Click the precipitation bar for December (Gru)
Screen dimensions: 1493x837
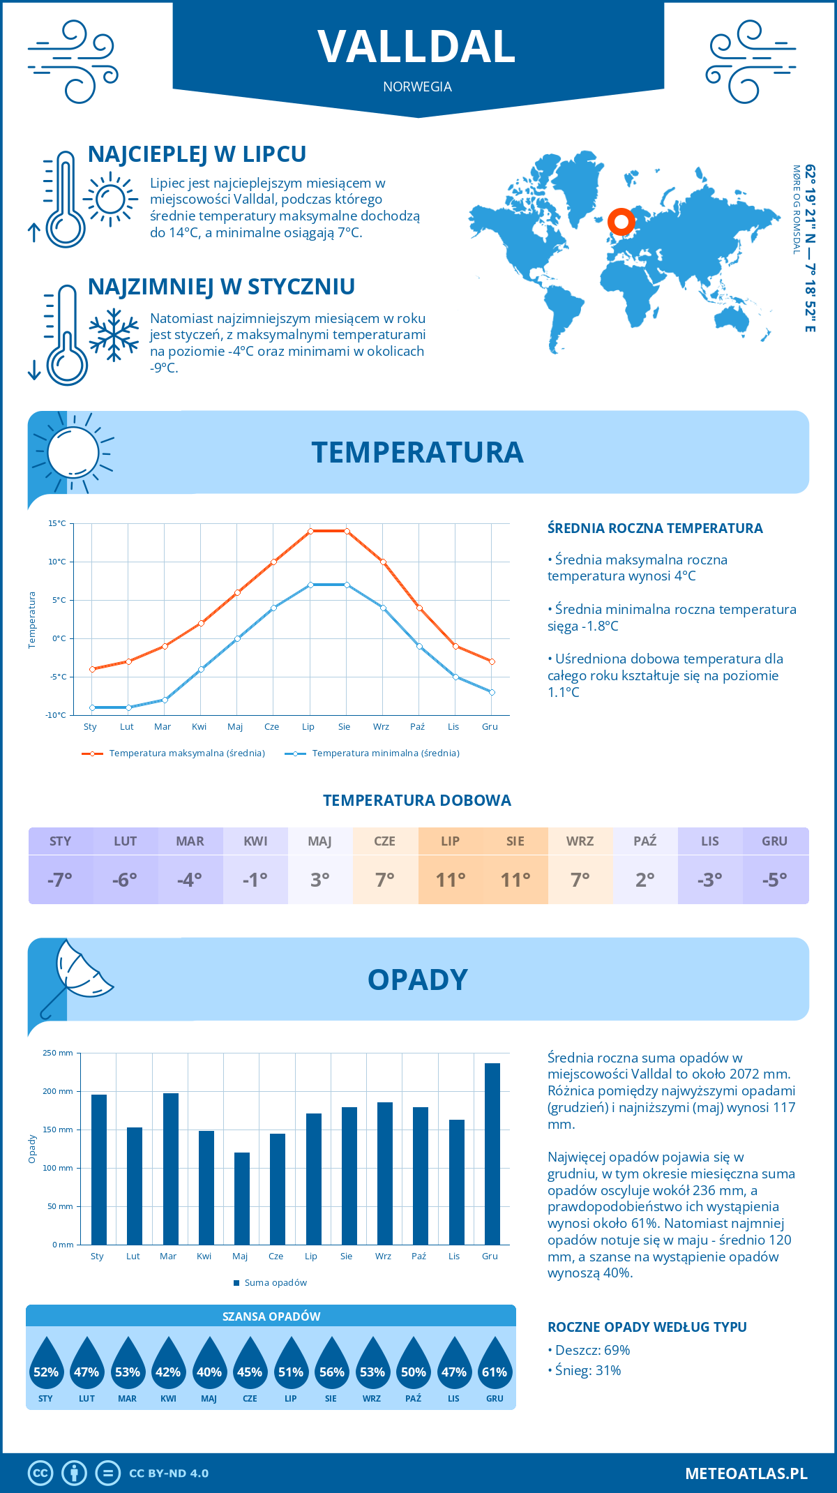pyautogui.click(x=492, y=1154)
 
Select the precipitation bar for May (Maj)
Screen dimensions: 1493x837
pyautogui.click(x=242, y=1199)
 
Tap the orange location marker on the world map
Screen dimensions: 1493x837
pyautogui.click(x=621, y=222)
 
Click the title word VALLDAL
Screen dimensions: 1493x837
pyautogui.click(x=417, y=47)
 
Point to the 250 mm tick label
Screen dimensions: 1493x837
pyautogui.click(x=58, y=1053)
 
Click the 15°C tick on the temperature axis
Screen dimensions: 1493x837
pyautogui.click(x=57, y=523)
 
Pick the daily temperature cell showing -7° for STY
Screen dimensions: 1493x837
pyautogui.click(x=60, y=879)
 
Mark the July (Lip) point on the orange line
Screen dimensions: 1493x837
pyautogui.click(x=310, y=531)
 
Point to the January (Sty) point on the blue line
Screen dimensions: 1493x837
pyautogui.click(x=92, y=707)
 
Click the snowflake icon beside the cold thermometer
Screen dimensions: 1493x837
pyautogui.click(x=114, y=335)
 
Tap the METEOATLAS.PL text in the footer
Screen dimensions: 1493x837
pyautogui.click(x=746, y=1473)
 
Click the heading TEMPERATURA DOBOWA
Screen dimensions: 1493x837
pyautogui.click(x=417, y=800)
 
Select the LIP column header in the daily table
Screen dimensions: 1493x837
pyautogui.click(x=450, y=841)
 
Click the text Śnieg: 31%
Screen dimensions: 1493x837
pyautogui.click(x=588, y=1370)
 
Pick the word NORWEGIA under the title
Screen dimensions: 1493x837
pyautogui.click(x=417, y=87)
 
